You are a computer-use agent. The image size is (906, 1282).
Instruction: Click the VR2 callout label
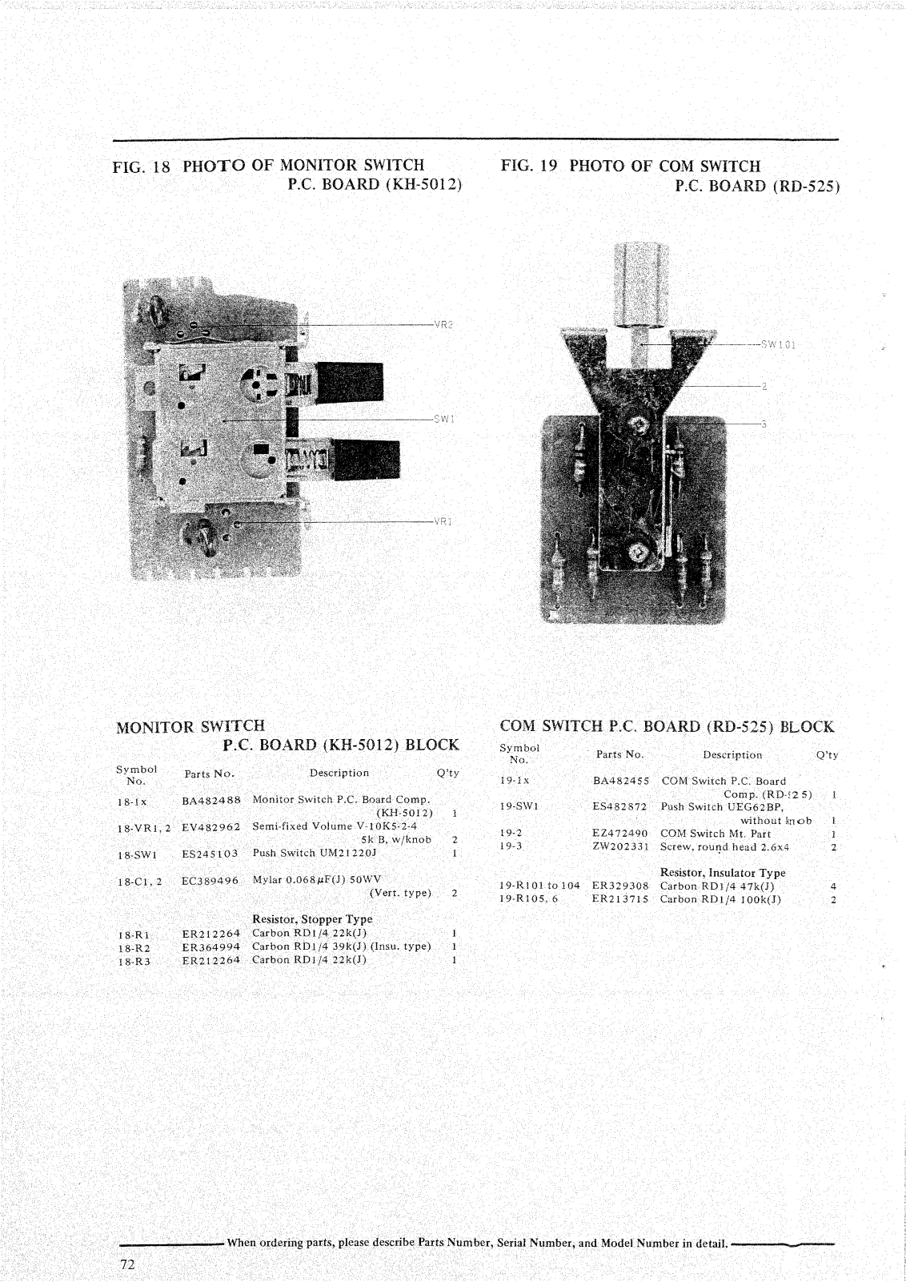443,324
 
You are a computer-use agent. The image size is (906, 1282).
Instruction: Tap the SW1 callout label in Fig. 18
443,419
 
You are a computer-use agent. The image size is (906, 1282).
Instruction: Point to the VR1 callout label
443,521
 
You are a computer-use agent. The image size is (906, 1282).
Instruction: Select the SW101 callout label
778,345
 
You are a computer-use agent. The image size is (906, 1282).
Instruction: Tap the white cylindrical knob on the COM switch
640,285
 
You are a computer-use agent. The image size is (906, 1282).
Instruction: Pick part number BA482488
211,800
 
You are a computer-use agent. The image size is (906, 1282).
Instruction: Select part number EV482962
211,826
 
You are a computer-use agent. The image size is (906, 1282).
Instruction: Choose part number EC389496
210,881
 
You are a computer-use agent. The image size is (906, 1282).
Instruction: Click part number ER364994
210,947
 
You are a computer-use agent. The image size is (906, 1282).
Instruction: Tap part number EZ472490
620,834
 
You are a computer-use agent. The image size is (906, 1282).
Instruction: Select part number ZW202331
620,846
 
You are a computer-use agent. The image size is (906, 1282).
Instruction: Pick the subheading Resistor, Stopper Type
312,919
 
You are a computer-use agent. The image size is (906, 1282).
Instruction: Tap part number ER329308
620,886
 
